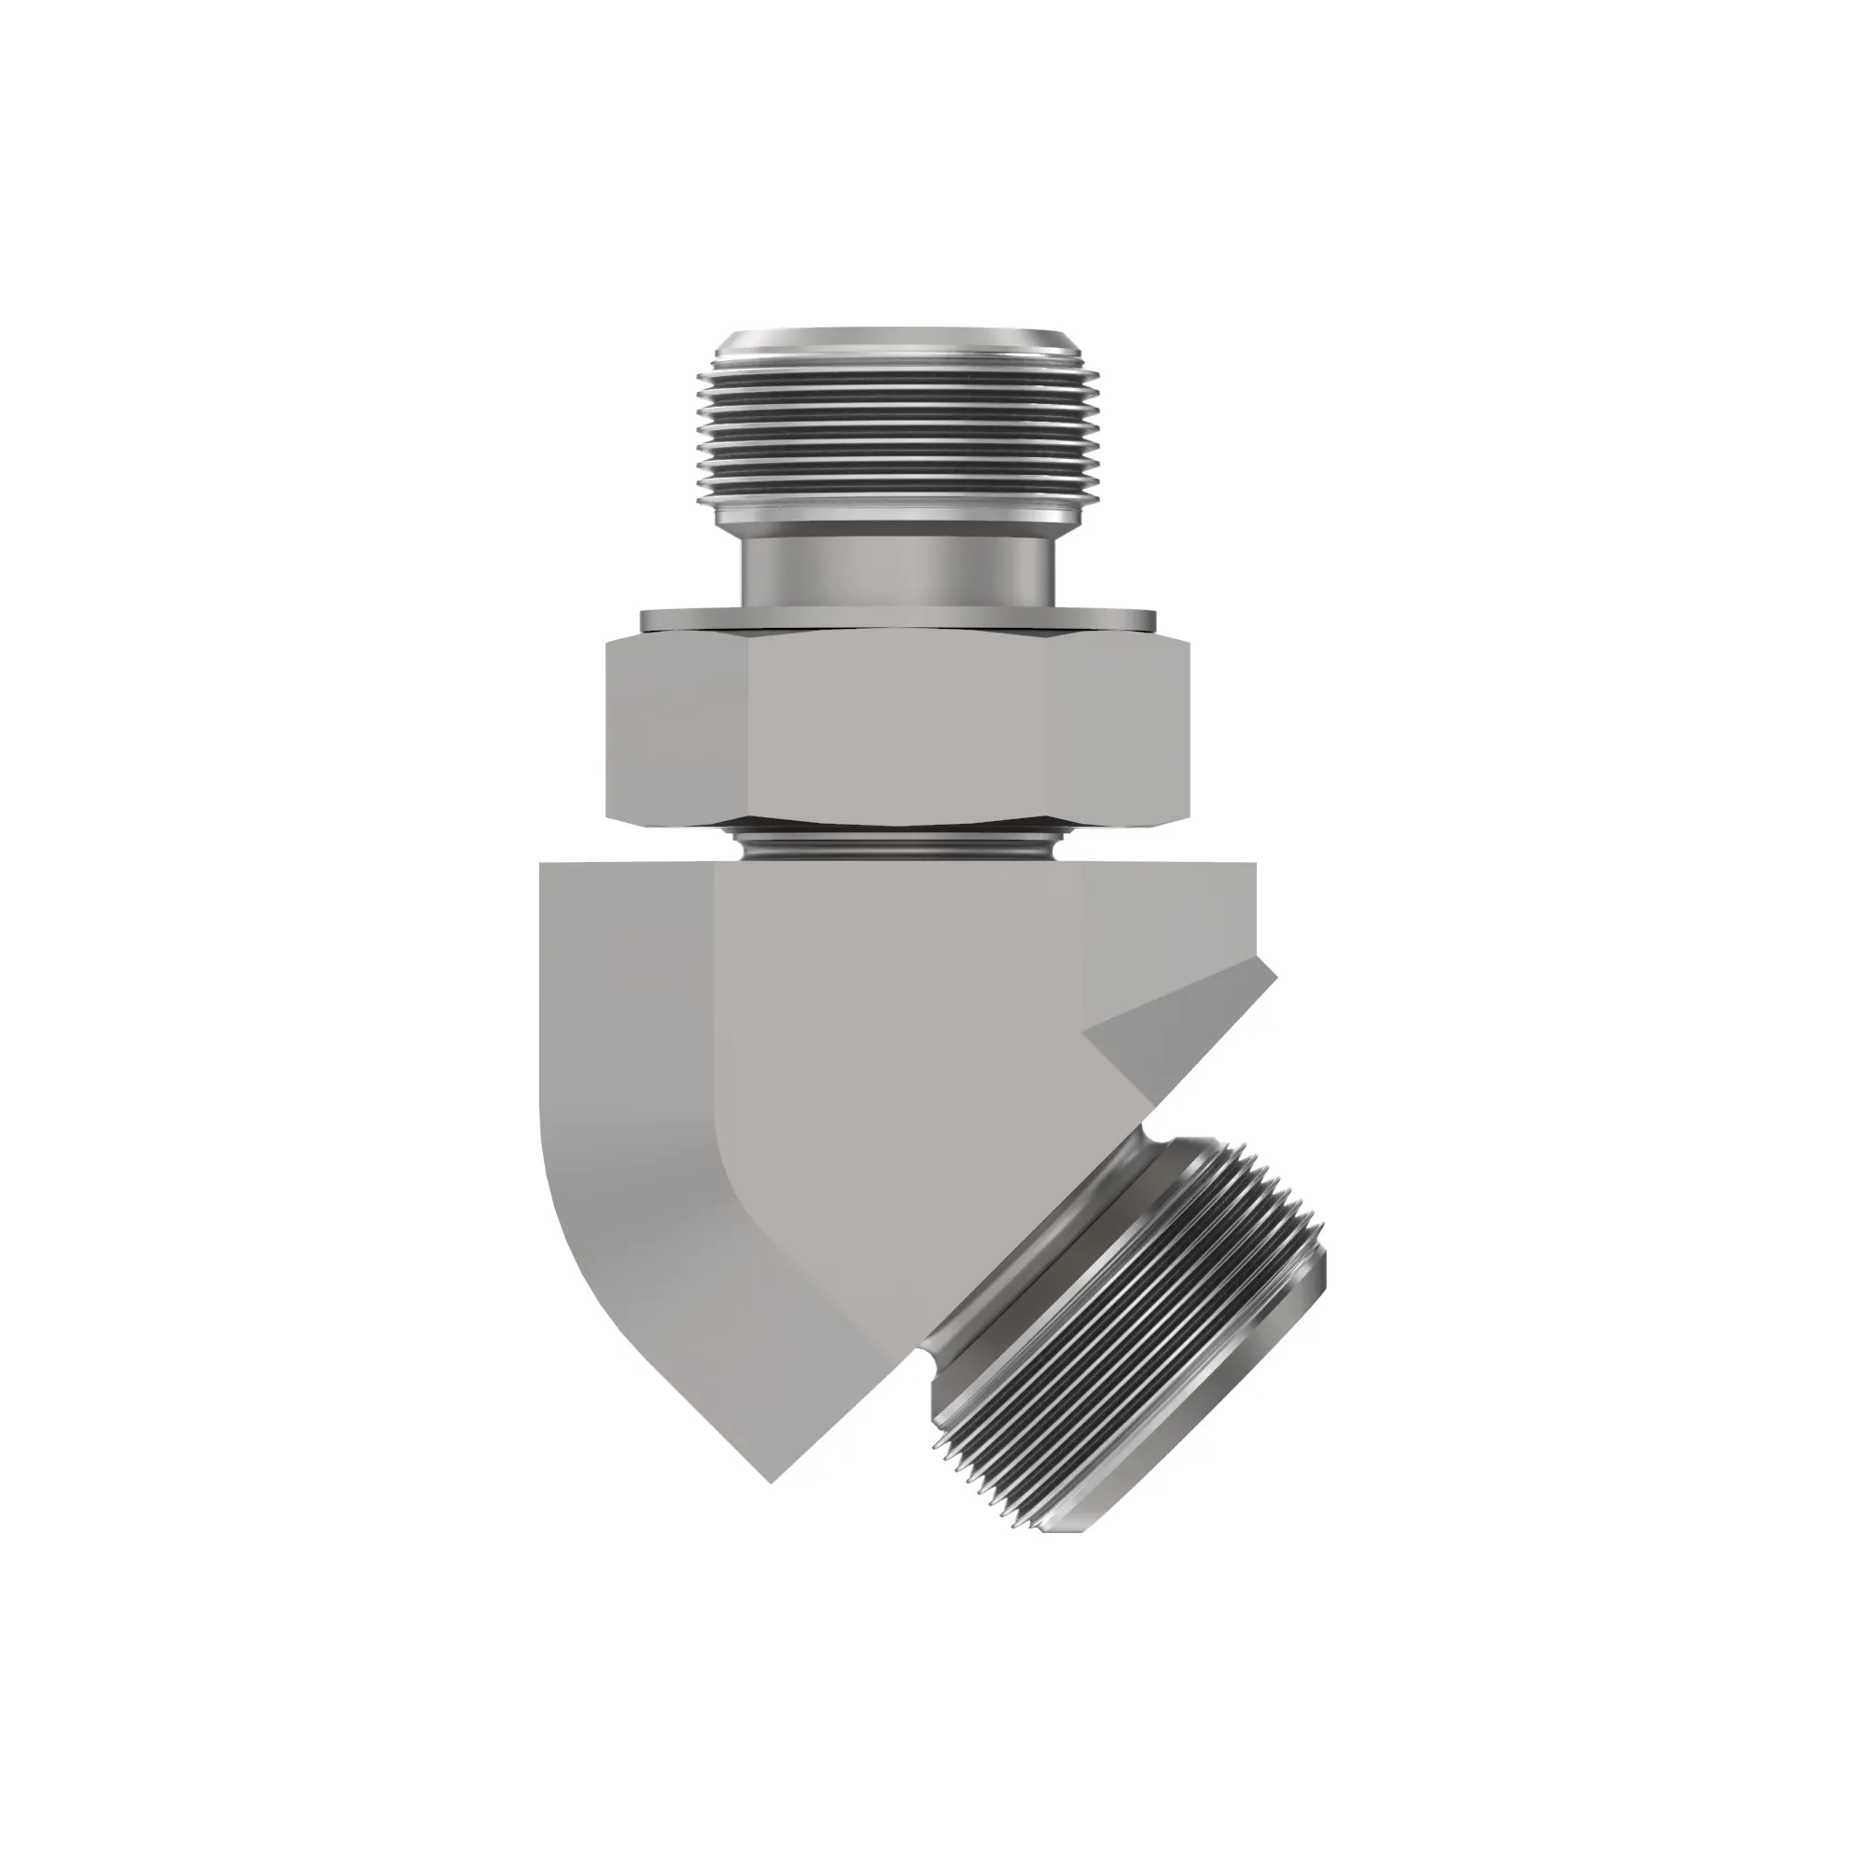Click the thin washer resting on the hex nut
point(898,619)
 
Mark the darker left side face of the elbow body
point(619,1063)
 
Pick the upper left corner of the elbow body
point(541,866)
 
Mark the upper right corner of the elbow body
point(1255,866)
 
